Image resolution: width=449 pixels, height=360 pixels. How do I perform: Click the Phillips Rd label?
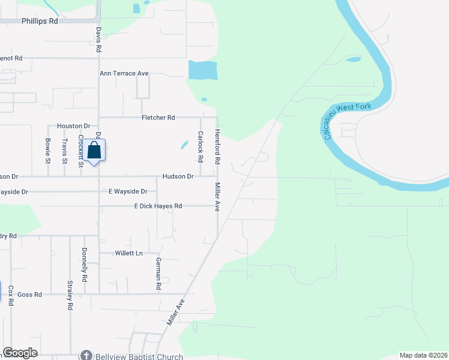40,20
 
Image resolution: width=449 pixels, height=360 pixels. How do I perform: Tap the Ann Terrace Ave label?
124,73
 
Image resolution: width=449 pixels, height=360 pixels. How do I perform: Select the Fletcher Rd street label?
158,118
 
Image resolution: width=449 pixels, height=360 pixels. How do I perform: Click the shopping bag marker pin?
95,150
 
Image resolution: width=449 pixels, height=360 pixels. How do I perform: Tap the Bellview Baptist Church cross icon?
86,356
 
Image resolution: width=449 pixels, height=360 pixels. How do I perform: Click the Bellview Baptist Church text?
139,356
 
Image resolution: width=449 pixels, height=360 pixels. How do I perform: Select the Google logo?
20,353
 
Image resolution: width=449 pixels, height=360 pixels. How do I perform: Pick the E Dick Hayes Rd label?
158,206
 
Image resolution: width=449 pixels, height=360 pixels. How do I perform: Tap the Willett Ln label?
130,253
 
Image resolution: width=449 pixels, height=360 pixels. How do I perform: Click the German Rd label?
159,274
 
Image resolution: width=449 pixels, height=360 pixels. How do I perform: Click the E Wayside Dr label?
127,191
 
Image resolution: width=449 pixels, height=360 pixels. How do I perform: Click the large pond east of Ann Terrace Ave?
202,70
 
